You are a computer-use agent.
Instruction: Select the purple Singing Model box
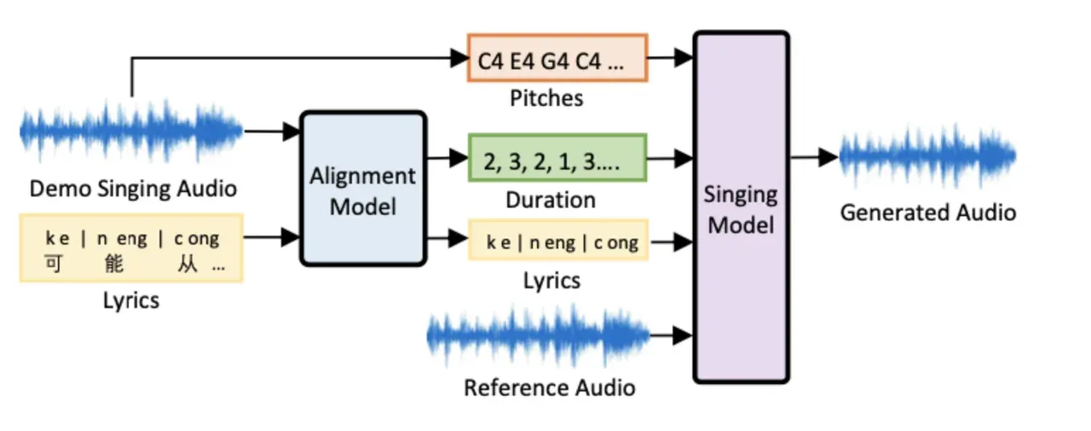tap(740, 207)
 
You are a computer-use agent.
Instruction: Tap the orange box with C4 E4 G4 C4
tap(557, 58)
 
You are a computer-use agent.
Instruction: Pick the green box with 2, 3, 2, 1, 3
tap(557, 158)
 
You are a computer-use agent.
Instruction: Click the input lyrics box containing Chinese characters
tap(131, 248)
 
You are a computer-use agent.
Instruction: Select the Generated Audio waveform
tap(927, 157)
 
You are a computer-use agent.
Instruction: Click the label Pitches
tap(546, 98)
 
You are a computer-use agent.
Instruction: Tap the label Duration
tap(551, 200)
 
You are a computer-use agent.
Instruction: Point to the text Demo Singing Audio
tap(133, 189)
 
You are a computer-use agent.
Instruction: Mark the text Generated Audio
tap(927, 212)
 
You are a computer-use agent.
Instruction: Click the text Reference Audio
tap(550, 387)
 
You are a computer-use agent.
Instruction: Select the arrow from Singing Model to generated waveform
tap(814, 157)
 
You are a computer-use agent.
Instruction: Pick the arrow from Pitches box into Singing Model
tap(671, 58)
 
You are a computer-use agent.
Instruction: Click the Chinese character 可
tap(53, 264)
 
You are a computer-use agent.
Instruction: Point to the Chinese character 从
tap(188, 264)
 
